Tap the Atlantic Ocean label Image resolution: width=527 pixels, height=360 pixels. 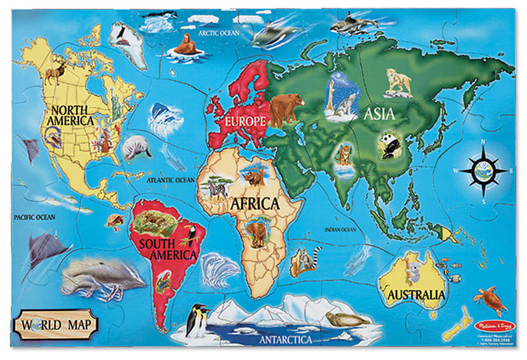coord(171,179)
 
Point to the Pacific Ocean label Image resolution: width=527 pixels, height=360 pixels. coord(37,216)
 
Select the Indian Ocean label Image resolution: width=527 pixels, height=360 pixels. coord(340,229)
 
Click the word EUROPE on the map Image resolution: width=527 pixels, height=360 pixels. coord(244,121)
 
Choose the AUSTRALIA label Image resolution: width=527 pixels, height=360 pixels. coord(416,294)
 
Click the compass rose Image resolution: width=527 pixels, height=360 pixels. coord(484,169)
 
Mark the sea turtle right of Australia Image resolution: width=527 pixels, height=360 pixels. coord(489,299)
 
